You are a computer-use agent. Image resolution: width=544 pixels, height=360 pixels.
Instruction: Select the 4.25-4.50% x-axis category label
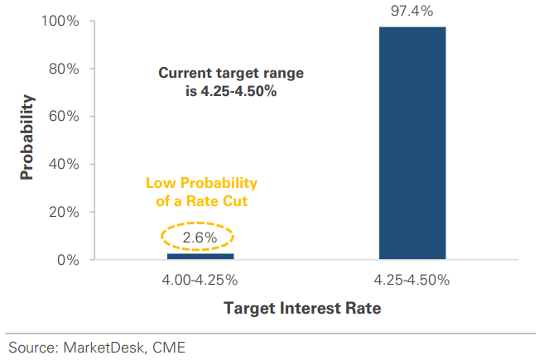[412, 280]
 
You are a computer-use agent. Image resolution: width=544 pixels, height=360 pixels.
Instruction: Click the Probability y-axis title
[27, 137]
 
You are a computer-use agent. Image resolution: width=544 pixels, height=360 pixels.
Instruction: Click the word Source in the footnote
[31, 347]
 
